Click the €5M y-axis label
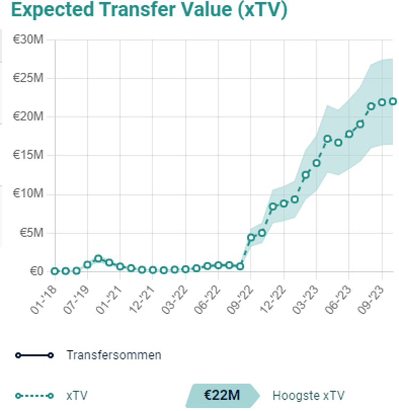click(x=32, y=233)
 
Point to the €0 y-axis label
click(x=37, y=272)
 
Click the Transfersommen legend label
click(x=113, y=355)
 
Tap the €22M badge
click(x=222, y=396)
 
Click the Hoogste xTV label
click(x=308, y=396)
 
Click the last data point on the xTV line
click(x=393, y=102)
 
